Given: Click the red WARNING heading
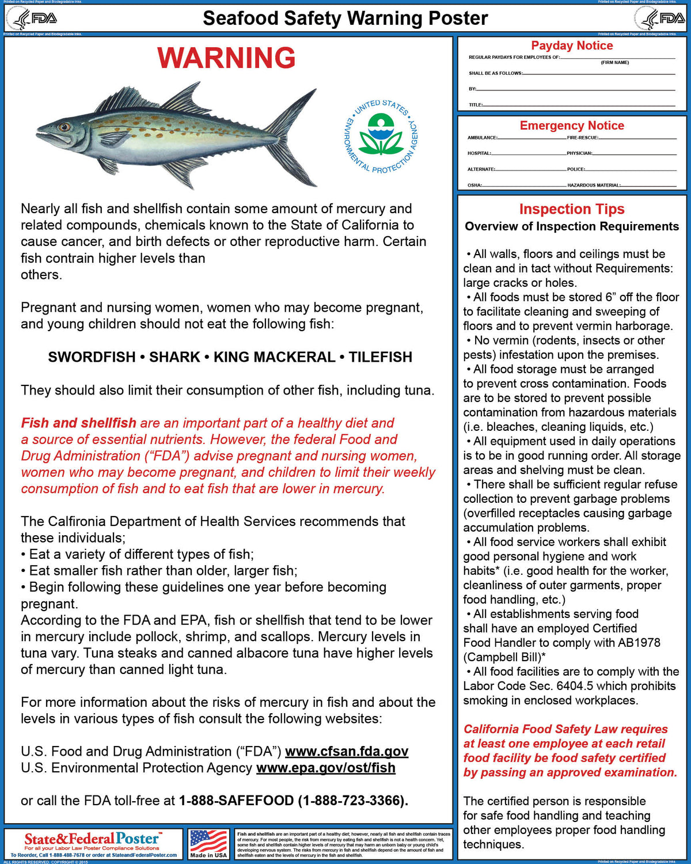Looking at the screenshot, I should coord(226,58).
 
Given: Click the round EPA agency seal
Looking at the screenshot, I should coord(381,137).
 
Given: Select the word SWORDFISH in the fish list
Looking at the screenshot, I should coord(92,357).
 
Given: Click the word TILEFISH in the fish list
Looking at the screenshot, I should coord(381,357).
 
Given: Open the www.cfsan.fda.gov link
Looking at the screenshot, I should coord(347,752).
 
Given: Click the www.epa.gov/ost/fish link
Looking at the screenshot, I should coord(326,768).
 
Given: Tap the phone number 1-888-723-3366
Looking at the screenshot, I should coord(353,801).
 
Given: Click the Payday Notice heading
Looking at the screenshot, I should coord(572,46).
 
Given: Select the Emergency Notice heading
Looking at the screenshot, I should coord(572,126).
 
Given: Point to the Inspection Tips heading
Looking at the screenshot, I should coord(572,209).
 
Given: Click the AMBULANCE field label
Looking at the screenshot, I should coord(483,138).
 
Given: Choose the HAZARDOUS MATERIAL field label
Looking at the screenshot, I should coord(594,185).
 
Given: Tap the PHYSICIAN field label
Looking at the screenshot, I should coord(579,153).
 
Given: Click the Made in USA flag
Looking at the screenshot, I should coord(208,841).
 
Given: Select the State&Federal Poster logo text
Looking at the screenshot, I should coord(92,839).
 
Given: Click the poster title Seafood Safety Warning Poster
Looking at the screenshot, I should coord(345,18).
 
